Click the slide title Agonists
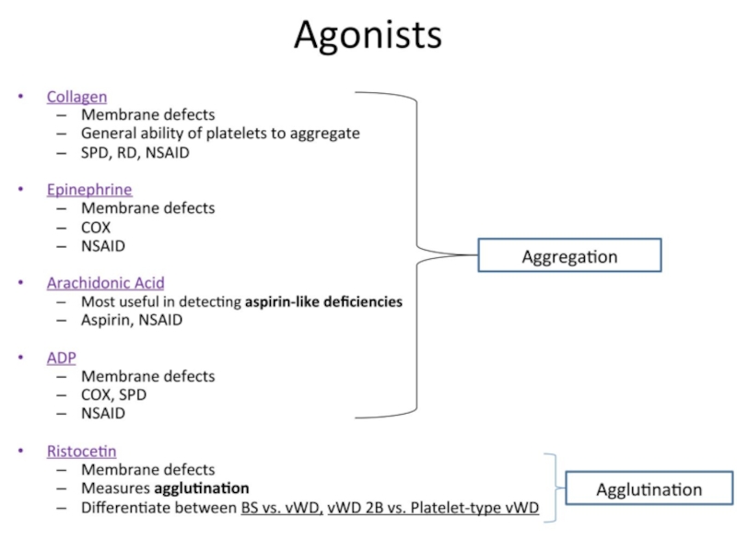pyautogui.click(x=368, y=36)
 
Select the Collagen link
pyautogui.click(x=76, y=96)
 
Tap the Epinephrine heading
pyautogui.click(x=89, y=189)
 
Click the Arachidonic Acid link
pyautogui.click(x=106, y=283)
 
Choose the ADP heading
pyautogui.click(x=62, y=358)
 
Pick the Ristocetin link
pyautogui.click(x=82, y=451)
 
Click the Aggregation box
pyautogui.click(x=569, y=255)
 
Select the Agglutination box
pyautogui.click(x=649, y=489)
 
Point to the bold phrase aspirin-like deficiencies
pyautogui.click(x=323, y=301)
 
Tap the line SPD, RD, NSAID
pyautogui.click(x=135, y=152)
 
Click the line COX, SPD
pyautogui.click(x=113, y=395)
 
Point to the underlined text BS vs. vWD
pyautogui.click(x=275, y=508)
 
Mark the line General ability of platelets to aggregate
pyautogui.click(x=220, y=134)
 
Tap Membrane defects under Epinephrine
pyautogui.click(x=147, y=208)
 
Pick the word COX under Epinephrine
pyautogui.click(x=96, y=227)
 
